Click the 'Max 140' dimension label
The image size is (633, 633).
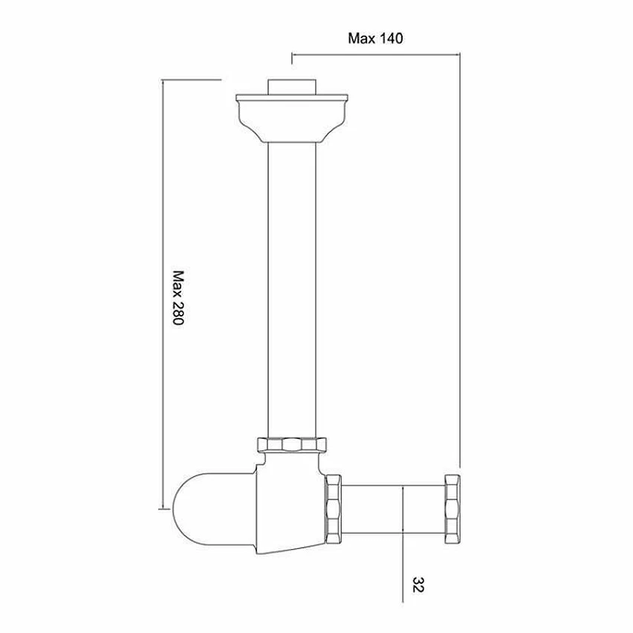point(375,39)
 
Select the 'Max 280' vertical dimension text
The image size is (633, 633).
point(179,301)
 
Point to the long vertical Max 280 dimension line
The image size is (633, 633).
point(163,297)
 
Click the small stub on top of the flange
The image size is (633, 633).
point(291,85)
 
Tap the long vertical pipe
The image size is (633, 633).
point(291,290)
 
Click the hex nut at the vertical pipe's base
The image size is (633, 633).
point(291,446)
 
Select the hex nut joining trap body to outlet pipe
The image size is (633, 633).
point(333,510)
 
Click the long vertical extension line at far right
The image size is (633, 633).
point(461,260)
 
